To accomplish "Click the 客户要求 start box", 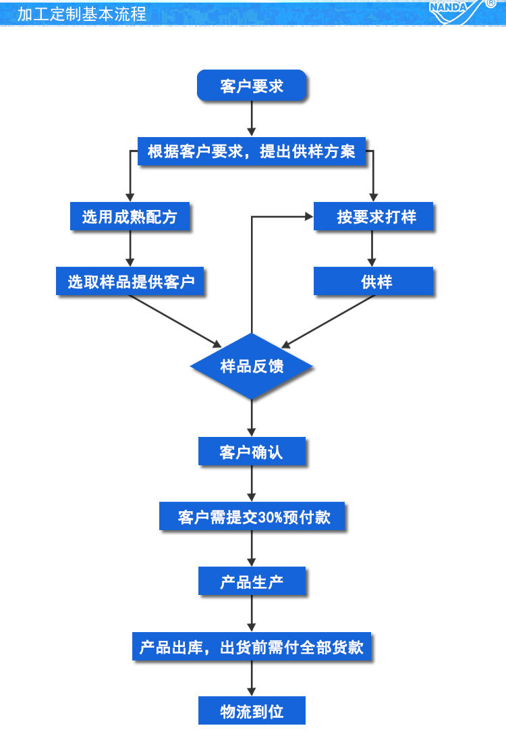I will [x=252, y=86].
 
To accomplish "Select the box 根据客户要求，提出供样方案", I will [x=252, y=151].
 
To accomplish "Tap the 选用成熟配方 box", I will [x=130, y=217].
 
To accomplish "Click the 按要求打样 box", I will [x=374, y=217].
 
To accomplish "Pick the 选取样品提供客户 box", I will [x=130, y=282].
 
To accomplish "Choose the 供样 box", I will [x=374, y=282].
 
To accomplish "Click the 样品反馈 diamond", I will [x=252, y=366].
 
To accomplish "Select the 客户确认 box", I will [x=252, y=452].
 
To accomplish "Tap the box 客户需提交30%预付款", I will [x=252, y=517].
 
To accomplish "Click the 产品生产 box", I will [x=252, y=581].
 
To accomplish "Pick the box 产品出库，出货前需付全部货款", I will [x=252, y=647].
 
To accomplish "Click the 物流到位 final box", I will [x=252, y=711].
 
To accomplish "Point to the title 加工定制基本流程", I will [x=82, y=14].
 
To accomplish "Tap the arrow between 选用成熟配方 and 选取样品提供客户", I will [x=130, y=249].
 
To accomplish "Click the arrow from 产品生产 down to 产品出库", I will [x=252, y=615].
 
